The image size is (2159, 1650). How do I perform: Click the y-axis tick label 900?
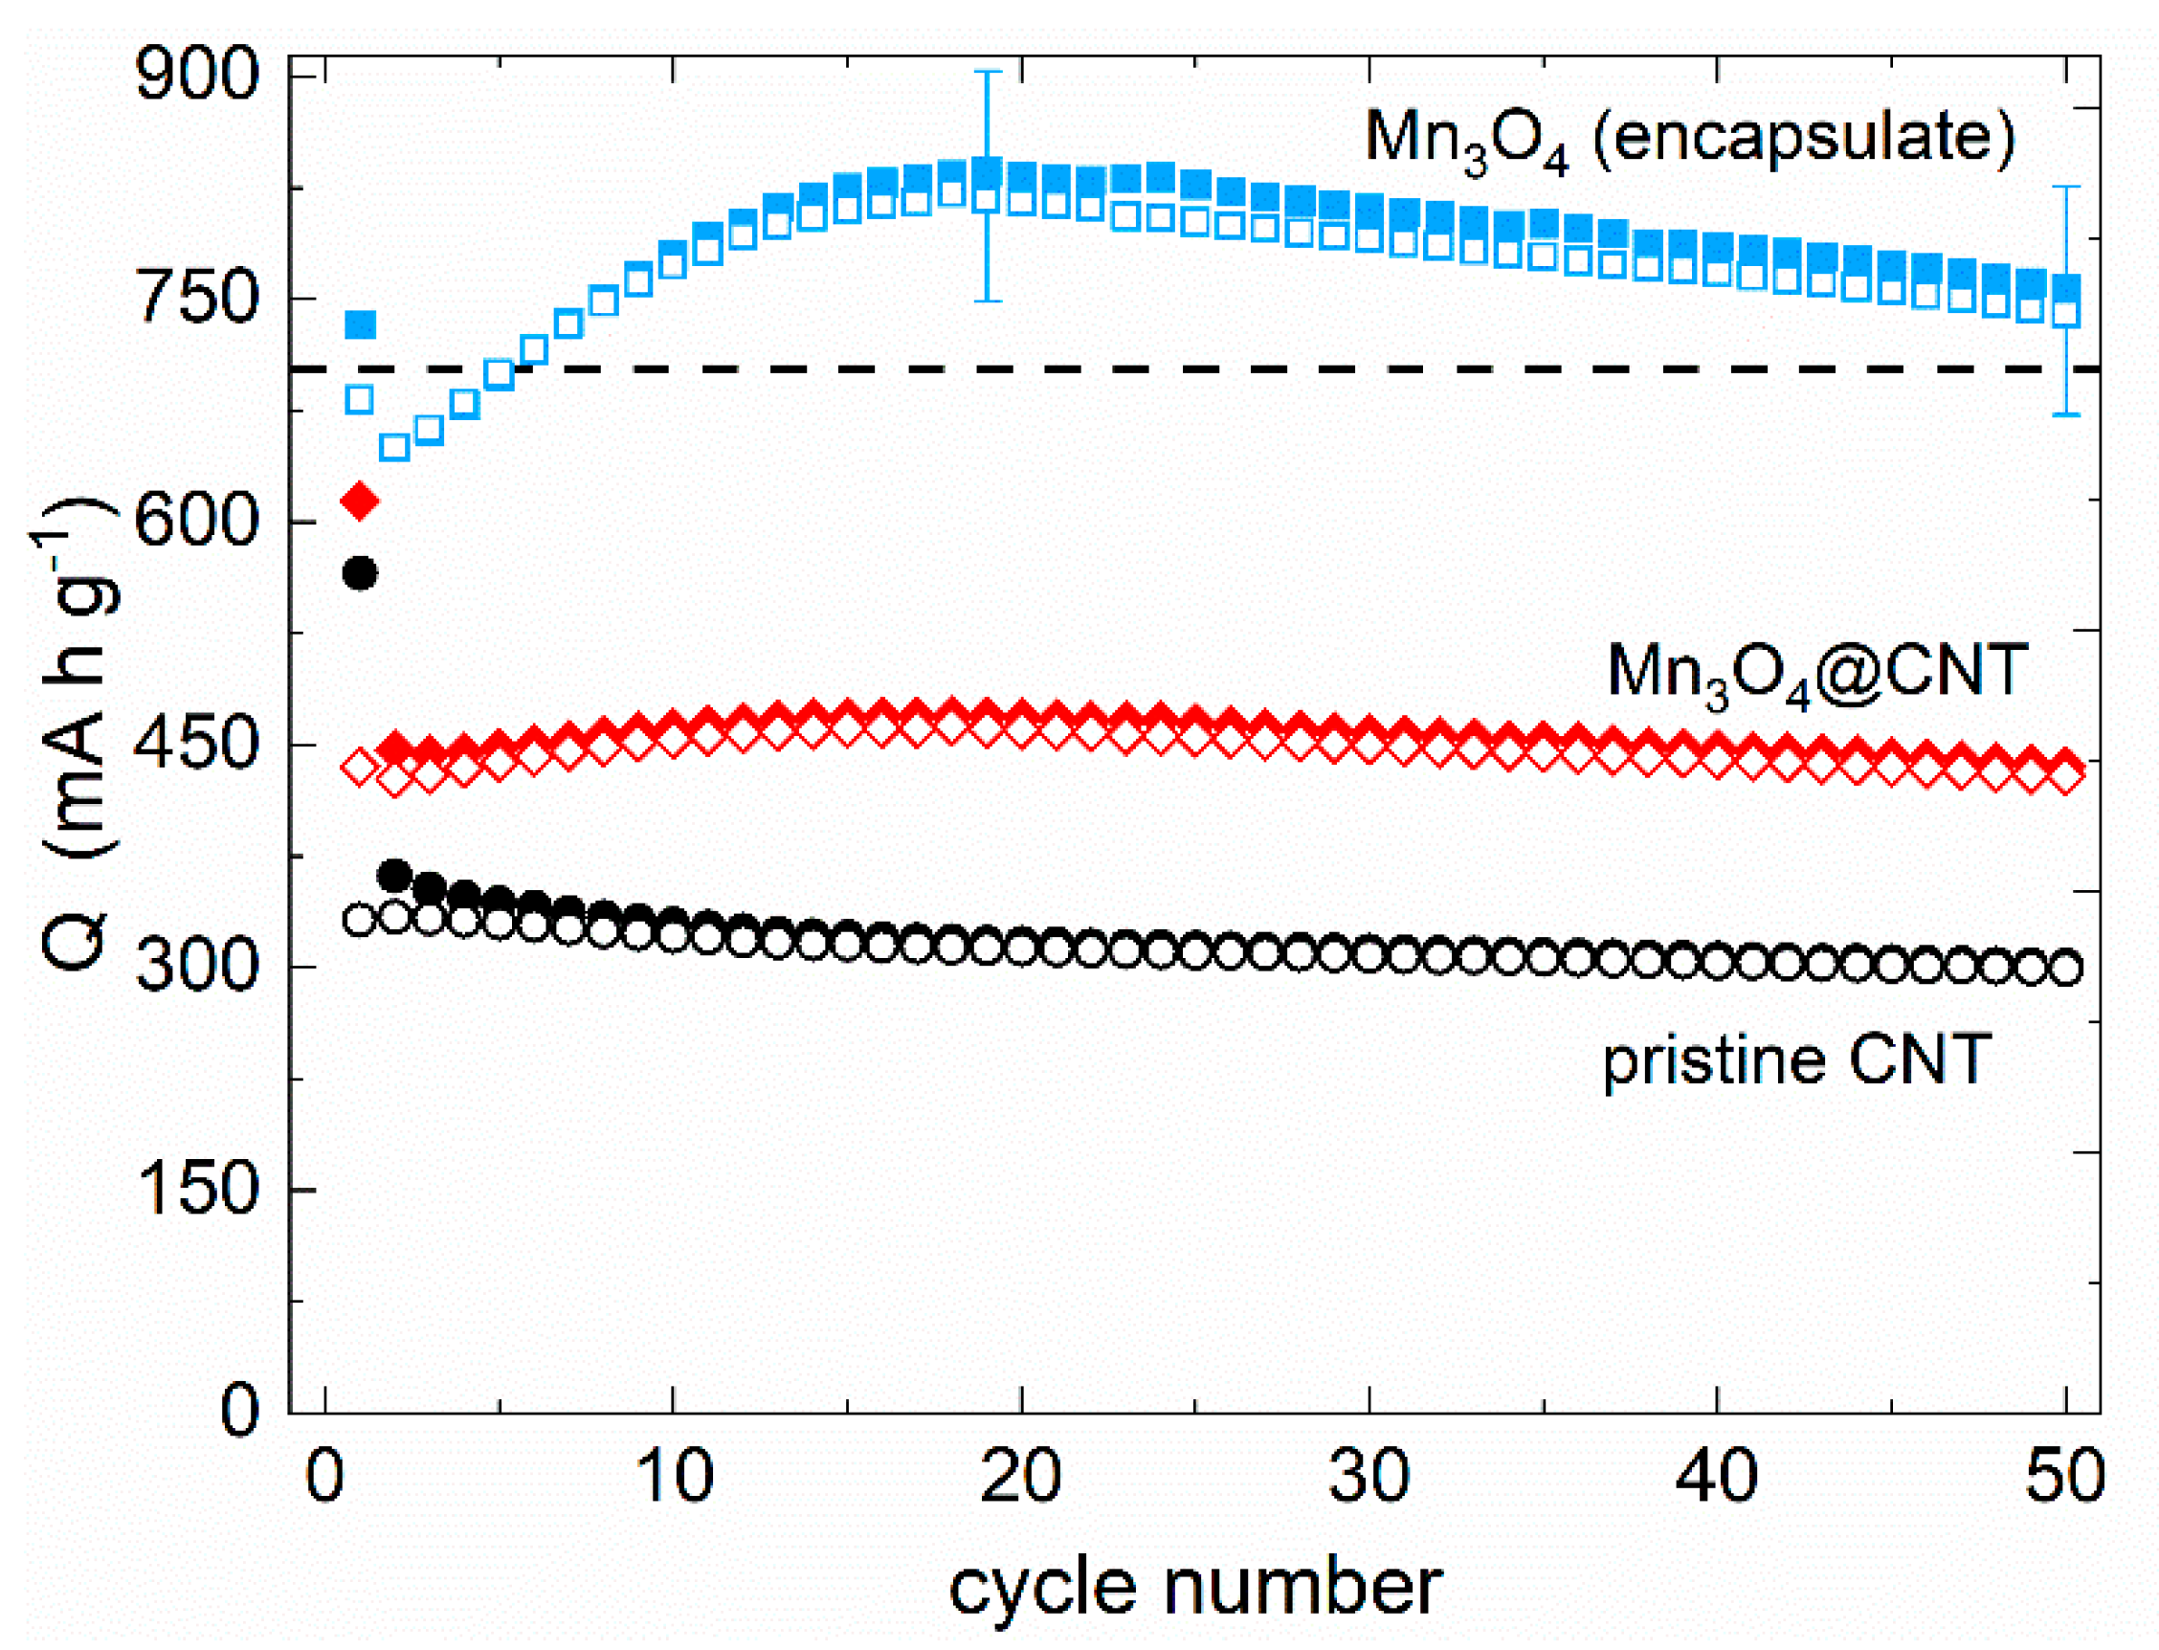(196, 75)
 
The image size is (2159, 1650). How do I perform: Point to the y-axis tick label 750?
(196, 298)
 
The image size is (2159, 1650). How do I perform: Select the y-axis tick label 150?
(196, 1190)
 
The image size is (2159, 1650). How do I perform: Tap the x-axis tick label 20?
(1021, 1476)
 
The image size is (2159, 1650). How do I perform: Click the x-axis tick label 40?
(1716, 1476)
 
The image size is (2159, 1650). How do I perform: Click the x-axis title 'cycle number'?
(1195, 1587)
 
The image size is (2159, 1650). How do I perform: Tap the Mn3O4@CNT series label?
(1816, 672)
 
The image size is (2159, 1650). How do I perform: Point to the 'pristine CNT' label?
(1796, 1060)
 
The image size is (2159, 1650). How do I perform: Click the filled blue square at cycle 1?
(361, 324)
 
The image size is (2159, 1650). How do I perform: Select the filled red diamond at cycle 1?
(359, 502)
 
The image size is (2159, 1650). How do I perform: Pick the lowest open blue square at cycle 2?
(393, 448)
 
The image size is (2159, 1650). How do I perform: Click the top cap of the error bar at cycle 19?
(987, 72)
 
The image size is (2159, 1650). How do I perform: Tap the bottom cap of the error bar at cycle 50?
(2067, 414)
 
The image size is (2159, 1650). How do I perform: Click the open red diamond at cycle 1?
(359, 766)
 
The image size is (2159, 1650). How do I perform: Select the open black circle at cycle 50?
(2066, 969)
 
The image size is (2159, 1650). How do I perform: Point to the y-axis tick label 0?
(238, 1413)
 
